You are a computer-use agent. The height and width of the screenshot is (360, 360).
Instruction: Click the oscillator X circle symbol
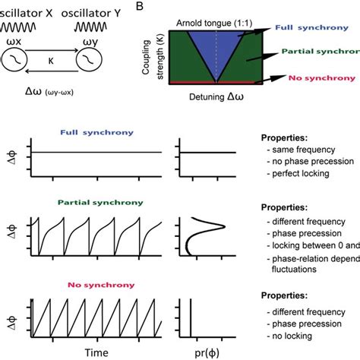click(x=17, y=59)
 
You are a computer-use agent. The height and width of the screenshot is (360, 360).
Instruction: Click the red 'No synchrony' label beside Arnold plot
click(x=320, y=79)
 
